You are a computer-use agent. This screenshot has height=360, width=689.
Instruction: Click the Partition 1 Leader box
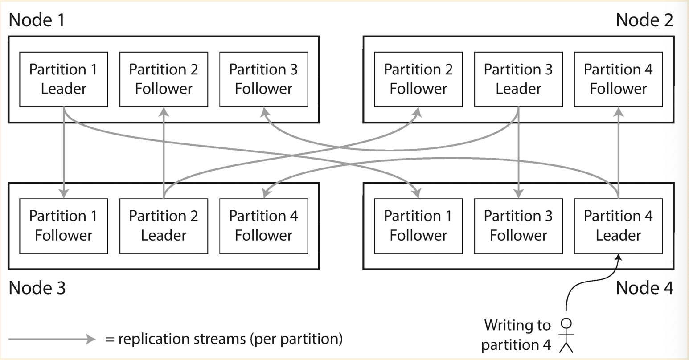pyautogui.click(x=63, y=79)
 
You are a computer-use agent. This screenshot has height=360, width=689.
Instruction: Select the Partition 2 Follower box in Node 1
pyautogui.click(x=164, y=79)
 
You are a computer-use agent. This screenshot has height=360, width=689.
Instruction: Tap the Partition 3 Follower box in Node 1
pyautogui.click(x=263, y=79)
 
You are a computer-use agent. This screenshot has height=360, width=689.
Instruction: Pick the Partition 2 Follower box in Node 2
pyautogui.click(x=418, y=79)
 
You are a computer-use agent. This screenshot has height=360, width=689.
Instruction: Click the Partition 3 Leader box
pyautogui.click(x=518, y=79)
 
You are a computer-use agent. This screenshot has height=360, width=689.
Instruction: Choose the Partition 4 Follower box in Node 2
pyautogui.click(x=618, y=79)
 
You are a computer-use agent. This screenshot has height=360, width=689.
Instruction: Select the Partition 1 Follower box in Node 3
pyautogui.click(x=63, y=226)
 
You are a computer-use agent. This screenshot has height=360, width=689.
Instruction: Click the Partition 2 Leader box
pyautogui.click(x=164, y=226)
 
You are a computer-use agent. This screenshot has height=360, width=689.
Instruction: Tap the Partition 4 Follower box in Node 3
pyautogui.click(x=263, y=226)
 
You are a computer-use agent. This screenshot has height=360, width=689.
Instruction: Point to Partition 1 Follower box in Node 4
pyautogui.click(x=418, y=226)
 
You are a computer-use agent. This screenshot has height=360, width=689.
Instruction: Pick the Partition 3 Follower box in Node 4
pyautogui.click(x=518, y=226)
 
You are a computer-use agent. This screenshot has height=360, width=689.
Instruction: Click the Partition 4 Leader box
pyautogui.click(x=618, y=226)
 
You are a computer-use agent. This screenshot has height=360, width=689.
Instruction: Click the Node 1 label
pyautogui.click(x=37, y=20)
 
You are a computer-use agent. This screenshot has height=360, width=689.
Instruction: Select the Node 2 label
pyautogui.click(x=644, y=20)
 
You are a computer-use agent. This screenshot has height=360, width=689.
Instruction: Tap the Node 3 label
pyautogui.click(x=37, y=288)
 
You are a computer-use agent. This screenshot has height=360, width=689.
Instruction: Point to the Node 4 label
pyautogui.click(x=644, y=288)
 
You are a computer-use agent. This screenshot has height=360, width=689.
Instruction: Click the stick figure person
pyautogui.click(x=566, y=335)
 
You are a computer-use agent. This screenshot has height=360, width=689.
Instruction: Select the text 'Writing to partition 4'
pyautogui.click(x=517, y=335)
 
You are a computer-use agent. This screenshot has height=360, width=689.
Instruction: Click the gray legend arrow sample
pyautogui.click(x=52, y=340)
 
